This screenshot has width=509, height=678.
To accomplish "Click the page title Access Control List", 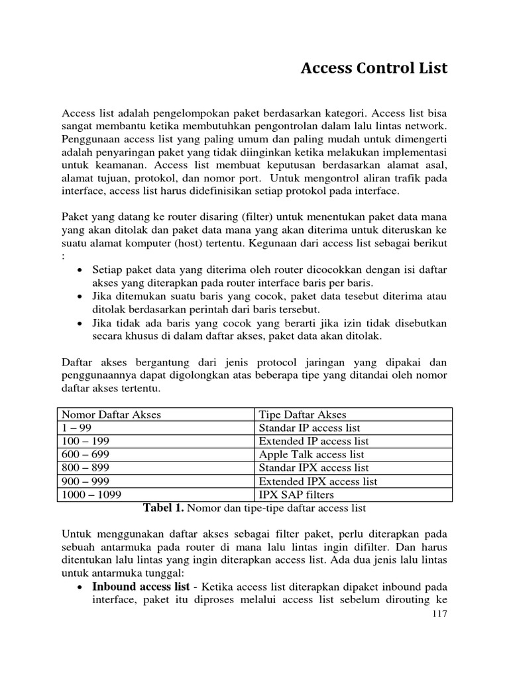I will click(374, 68).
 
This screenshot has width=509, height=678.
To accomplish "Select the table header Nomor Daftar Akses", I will click(111, 414).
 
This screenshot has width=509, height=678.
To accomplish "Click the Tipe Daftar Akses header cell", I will click(302, 414).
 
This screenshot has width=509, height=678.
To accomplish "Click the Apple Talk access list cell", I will click(311, 454).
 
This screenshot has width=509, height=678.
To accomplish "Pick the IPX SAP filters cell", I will click(296, 495).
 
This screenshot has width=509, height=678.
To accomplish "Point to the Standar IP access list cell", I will click(309, 428).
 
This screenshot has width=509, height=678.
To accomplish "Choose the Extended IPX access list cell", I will click(317, 481).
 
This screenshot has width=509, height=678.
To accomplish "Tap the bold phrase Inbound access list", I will click(141, 587).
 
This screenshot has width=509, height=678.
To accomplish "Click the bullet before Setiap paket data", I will click(80, 271).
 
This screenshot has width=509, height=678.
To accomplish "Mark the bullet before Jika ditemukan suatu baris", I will click(80, 297).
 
